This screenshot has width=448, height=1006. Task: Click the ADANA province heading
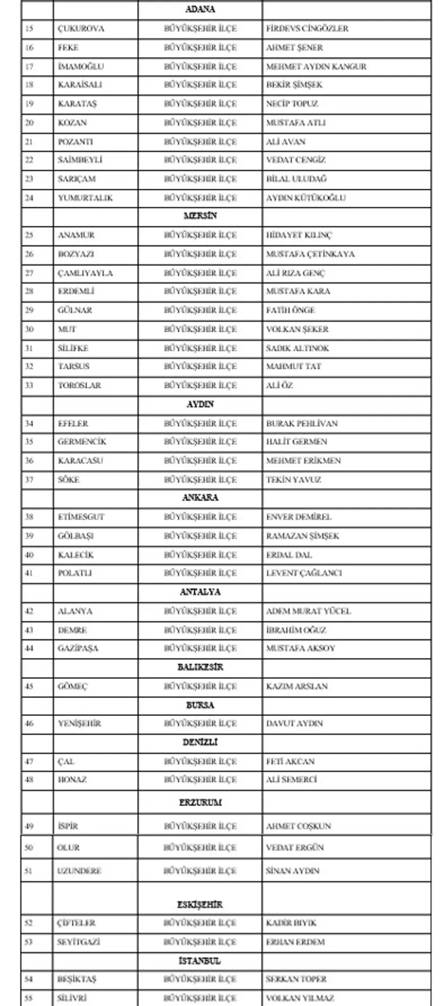200,9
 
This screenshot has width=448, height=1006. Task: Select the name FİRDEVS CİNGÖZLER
307,28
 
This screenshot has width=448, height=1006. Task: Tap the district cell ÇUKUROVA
81,28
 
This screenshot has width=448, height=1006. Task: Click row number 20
29,123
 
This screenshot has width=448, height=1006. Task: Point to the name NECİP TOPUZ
292,104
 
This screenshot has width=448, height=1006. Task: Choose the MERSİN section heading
200,216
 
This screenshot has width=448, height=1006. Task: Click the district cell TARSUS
73,366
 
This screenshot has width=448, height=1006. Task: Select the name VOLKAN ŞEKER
297,329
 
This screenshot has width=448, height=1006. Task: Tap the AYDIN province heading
200,404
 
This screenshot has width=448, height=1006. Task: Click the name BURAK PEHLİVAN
301,423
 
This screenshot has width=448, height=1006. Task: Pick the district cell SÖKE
68,479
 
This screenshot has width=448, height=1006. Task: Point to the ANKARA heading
200,498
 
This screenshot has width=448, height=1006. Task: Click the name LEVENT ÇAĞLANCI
303,573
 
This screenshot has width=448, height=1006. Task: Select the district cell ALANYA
75,611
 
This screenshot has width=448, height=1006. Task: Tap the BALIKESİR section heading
200,667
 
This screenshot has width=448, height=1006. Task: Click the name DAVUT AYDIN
294,723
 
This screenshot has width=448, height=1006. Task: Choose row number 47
29,762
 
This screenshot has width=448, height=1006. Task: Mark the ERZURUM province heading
200,802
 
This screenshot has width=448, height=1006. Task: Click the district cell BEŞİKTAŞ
76,979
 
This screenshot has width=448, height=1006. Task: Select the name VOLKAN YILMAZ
300,998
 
